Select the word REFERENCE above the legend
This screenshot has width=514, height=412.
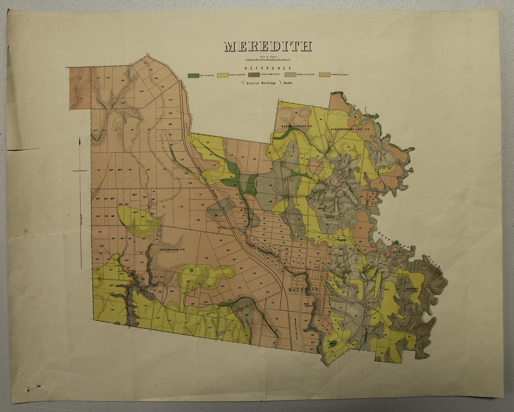pos(268,68)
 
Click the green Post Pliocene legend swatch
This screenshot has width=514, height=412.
pos(193,75)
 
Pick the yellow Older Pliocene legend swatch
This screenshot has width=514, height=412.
pos(222,75)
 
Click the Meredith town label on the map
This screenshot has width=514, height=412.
pos(303,290)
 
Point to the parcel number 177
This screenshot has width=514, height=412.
pos(164,206)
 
